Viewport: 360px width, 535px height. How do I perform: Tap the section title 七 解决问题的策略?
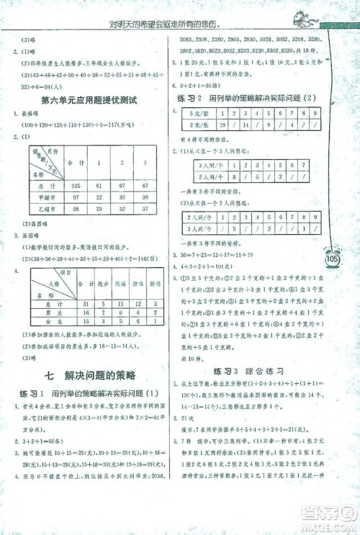tap(89, 374)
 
